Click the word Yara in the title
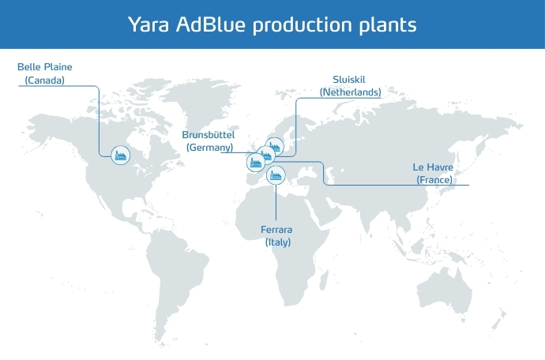click(148, 24)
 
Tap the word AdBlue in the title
click(211, 24)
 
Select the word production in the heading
click(303, 25)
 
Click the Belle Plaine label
click(45, 67)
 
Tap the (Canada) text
click(45, 81)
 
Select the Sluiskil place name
click(349, 80)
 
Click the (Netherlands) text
click(351, 92)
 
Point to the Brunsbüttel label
click(209, 134)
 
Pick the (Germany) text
click(209, 148)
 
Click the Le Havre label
click(433, 167)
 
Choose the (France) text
click(434, 180)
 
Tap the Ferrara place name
click(276, 230)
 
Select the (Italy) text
click(278, 242)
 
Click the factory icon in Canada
click(121, 155)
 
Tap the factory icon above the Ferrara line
click(276, 174)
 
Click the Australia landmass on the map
click(445, 292)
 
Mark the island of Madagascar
click(324, 280)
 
